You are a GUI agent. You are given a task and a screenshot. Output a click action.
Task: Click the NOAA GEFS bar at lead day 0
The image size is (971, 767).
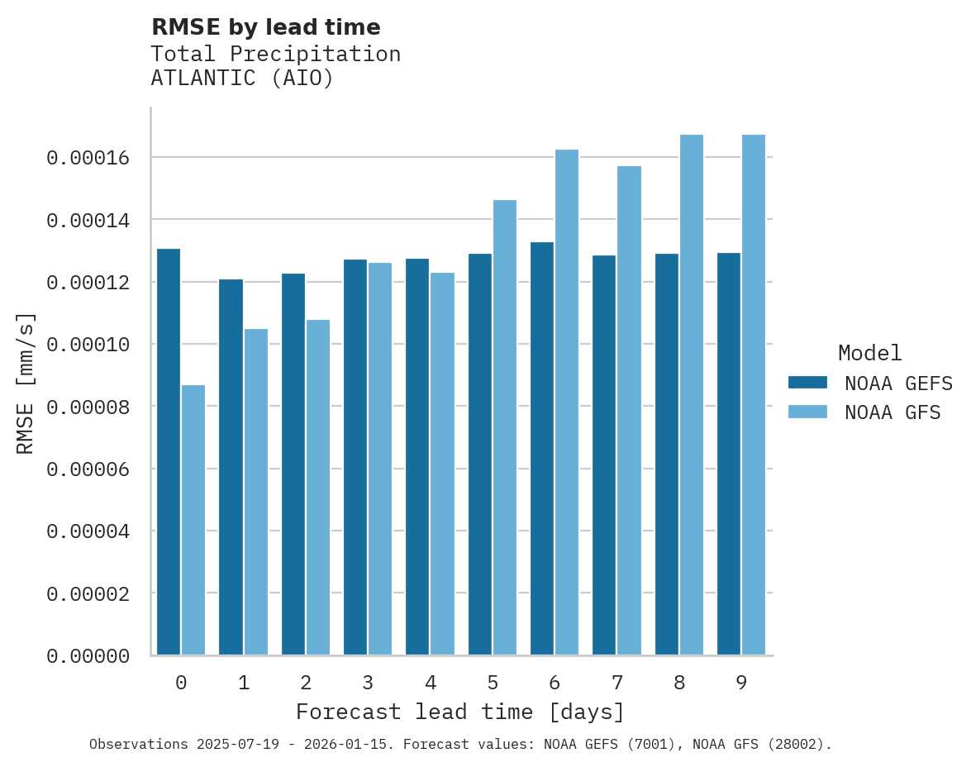[x=169, y=452]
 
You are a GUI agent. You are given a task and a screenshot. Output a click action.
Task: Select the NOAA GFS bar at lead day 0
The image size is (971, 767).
[x=193, y=520]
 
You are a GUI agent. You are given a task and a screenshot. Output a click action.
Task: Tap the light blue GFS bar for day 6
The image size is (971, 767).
[x=567, y=403]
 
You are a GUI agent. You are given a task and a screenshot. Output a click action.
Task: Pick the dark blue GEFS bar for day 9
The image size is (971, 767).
[x=729, y=454]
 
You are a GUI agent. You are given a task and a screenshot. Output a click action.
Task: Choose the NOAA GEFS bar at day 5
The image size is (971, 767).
[x=480, y=455]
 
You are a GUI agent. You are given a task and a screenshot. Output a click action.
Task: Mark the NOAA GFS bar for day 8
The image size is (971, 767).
[x=692, y=395]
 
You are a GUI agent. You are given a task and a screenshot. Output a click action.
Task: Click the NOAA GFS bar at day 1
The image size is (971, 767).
[x=255, y=492]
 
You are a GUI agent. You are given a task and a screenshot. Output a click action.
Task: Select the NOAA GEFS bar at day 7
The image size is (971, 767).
[x=604, y=455]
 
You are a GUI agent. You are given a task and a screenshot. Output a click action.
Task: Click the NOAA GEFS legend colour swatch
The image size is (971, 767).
[x=807, y=382]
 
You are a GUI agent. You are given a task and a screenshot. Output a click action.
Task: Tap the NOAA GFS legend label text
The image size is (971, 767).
[x=892, y=412]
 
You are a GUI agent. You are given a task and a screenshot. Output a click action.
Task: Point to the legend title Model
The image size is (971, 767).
[x=869, y=353]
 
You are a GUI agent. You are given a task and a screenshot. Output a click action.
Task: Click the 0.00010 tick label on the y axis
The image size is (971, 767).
[x=88, y=345]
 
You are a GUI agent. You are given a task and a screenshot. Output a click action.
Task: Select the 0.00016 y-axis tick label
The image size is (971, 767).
[x=88, y=158]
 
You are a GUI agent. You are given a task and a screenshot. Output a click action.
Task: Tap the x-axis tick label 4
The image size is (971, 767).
[x=431, y=683]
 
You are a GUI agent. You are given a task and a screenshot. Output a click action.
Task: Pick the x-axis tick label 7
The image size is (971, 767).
[x=617, y=683]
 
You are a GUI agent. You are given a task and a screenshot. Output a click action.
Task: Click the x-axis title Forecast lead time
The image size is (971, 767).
[x=460, y=712]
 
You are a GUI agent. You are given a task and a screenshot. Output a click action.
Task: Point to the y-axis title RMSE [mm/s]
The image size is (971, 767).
[x=26, y=383]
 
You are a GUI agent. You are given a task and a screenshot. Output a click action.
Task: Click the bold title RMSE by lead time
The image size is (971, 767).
[x=266, y=27]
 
